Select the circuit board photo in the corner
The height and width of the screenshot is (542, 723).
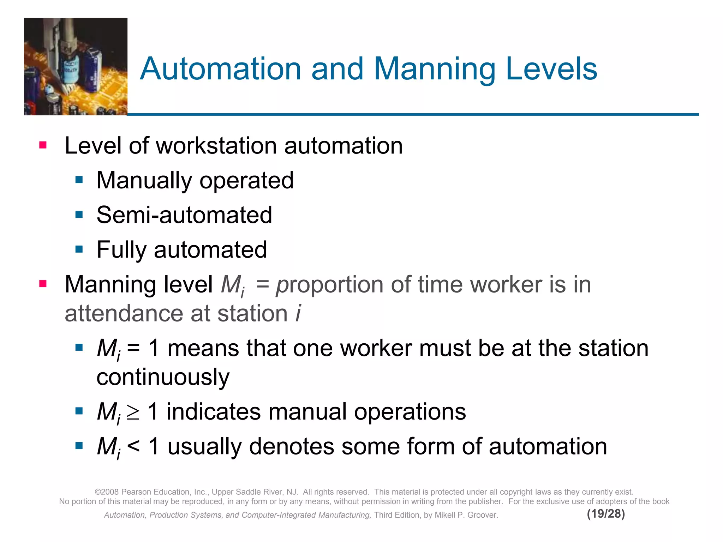[x=76, y=66]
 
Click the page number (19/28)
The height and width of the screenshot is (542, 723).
[x=606, y=514]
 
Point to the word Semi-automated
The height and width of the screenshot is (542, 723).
[x=184, y=215]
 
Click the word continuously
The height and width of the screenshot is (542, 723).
[x=163, y=377]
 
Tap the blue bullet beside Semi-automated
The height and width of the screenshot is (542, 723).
[x=79, y=215]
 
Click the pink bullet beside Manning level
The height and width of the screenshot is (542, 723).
[x=43, y=284]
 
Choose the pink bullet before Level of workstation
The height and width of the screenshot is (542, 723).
[x=43, y=145]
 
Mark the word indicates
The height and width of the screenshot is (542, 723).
[x=213, y=412]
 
